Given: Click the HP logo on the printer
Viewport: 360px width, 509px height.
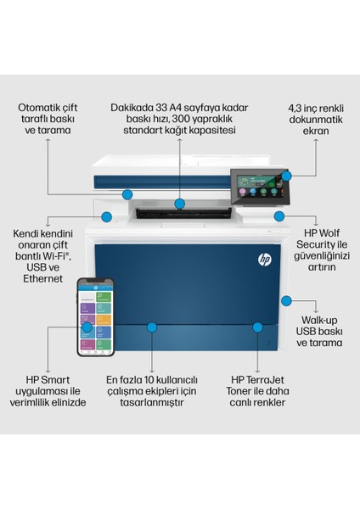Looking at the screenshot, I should click(262, 259).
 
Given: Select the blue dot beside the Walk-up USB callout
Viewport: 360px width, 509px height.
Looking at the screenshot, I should click(286, 300).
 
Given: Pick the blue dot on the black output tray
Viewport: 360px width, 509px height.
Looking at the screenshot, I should click(179, 204).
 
